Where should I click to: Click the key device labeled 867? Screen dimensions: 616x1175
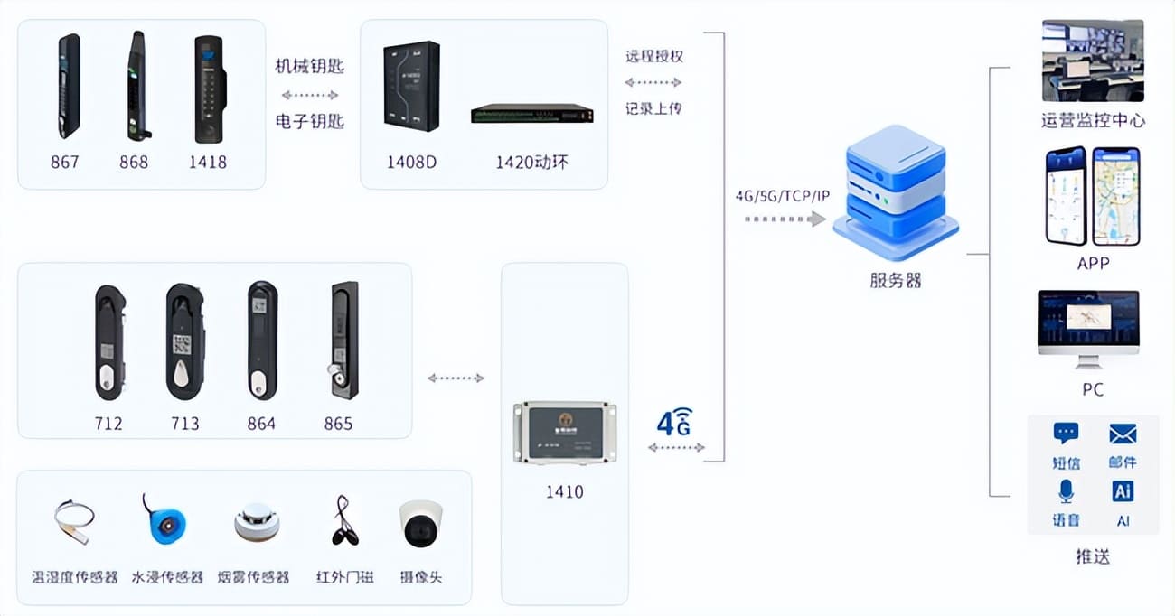tap(69, 87)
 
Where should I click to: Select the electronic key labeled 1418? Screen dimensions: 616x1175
tap(210, 89)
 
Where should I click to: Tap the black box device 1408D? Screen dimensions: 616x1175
tap(410, 87)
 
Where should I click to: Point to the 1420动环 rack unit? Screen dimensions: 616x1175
tap(531, 114)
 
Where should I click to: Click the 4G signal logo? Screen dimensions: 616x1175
tap(674, 421)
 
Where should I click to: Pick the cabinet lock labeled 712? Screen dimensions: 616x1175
tap(109, 343)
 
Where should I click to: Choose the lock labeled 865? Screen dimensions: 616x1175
tap(343, 341)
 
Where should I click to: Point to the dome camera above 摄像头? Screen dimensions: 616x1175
tap(420, 523)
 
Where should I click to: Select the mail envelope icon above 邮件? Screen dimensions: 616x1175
tap(1122, 434)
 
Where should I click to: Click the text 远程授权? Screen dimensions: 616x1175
tap(654, 56)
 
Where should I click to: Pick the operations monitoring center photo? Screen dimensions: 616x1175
tap(1093, 61)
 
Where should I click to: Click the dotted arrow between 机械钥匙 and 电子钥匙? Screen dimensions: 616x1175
tap(309, 94)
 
